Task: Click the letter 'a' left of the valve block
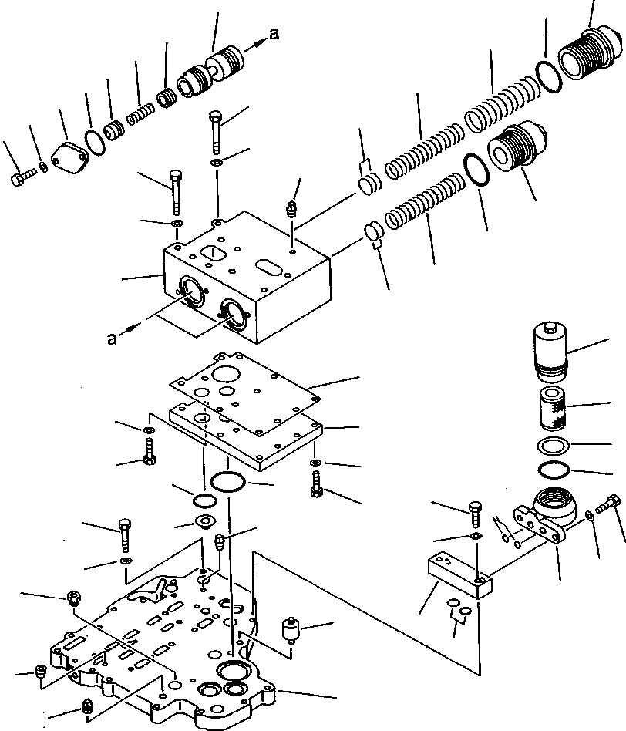click(113, 339)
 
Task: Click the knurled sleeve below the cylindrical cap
click(554, 409)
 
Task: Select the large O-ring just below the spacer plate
click(228, 483)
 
